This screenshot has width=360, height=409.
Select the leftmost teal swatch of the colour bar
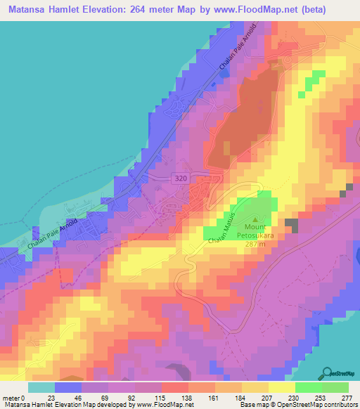point(41,387)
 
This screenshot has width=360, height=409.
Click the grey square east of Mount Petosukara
point(292,225)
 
